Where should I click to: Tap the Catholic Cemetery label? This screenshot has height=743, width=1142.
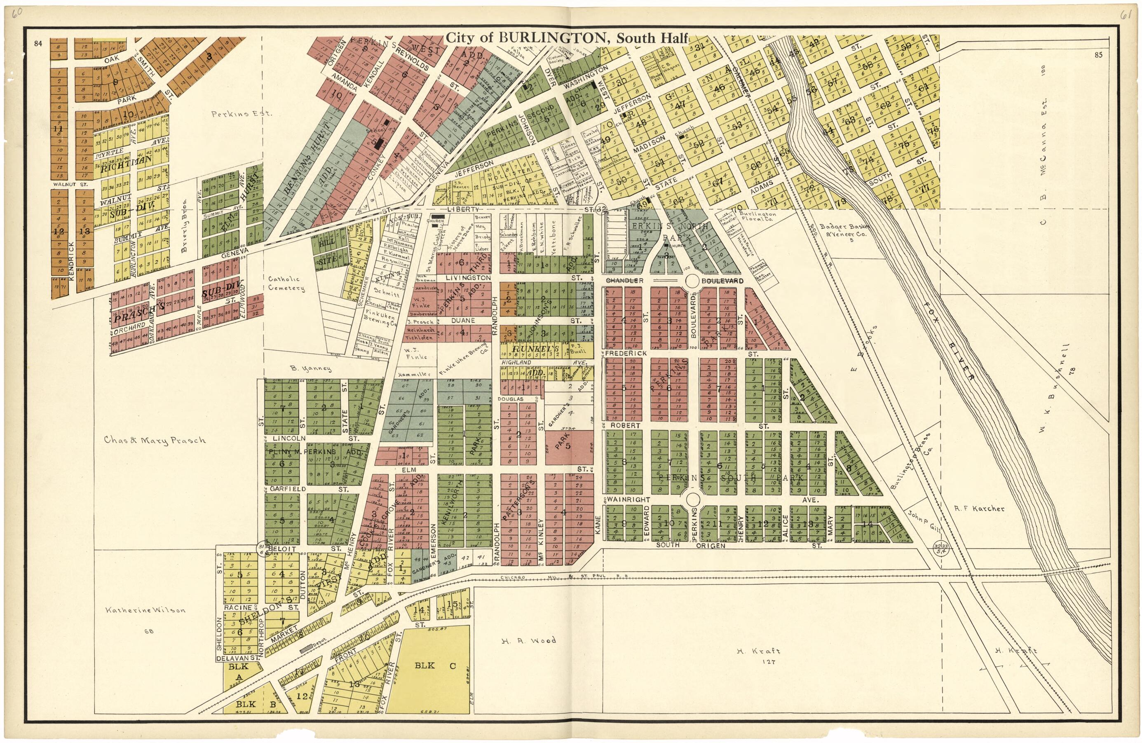286,283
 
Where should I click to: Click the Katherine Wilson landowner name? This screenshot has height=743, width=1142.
145,610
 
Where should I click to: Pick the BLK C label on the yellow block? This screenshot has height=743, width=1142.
435,665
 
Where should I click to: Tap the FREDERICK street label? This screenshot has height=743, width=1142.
626,353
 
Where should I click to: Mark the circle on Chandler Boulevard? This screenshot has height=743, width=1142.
693,281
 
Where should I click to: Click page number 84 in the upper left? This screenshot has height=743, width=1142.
39,44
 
